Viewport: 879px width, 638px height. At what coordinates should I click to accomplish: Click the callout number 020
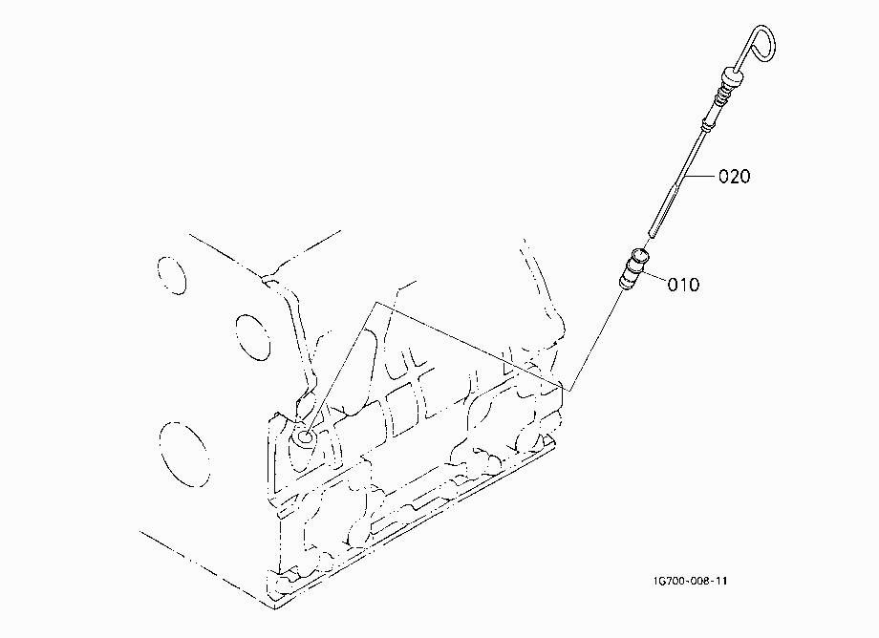(x=735, y=177)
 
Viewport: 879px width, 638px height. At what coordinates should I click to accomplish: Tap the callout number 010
(x=683, y=285)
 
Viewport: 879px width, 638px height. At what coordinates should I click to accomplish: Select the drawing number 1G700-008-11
(x=690, y=581)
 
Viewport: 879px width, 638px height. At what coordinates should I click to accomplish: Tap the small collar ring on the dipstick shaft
(x=707, y=124)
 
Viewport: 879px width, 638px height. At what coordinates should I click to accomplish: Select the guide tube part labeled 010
(x=633, y=269)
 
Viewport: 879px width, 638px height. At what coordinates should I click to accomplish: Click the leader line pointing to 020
(x=700, y=177)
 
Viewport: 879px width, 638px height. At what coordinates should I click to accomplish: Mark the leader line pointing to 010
(x=654, y=277)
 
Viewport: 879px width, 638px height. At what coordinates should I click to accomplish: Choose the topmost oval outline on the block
(x=172, y=275)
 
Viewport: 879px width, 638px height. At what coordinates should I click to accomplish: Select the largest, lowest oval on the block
(x=184, y=455)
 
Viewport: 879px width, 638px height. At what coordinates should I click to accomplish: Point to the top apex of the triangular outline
(x=376, y=303)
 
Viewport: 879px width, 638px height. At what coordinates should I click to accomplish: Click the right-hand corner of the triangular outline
(x=569, y=390)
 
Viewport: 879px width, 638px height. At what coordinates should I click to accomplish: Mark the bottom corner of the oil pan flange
(x=275, y=609)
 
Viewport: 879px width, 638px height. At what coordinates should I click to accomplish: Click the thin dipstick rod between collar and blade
(x=694, y=151)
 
